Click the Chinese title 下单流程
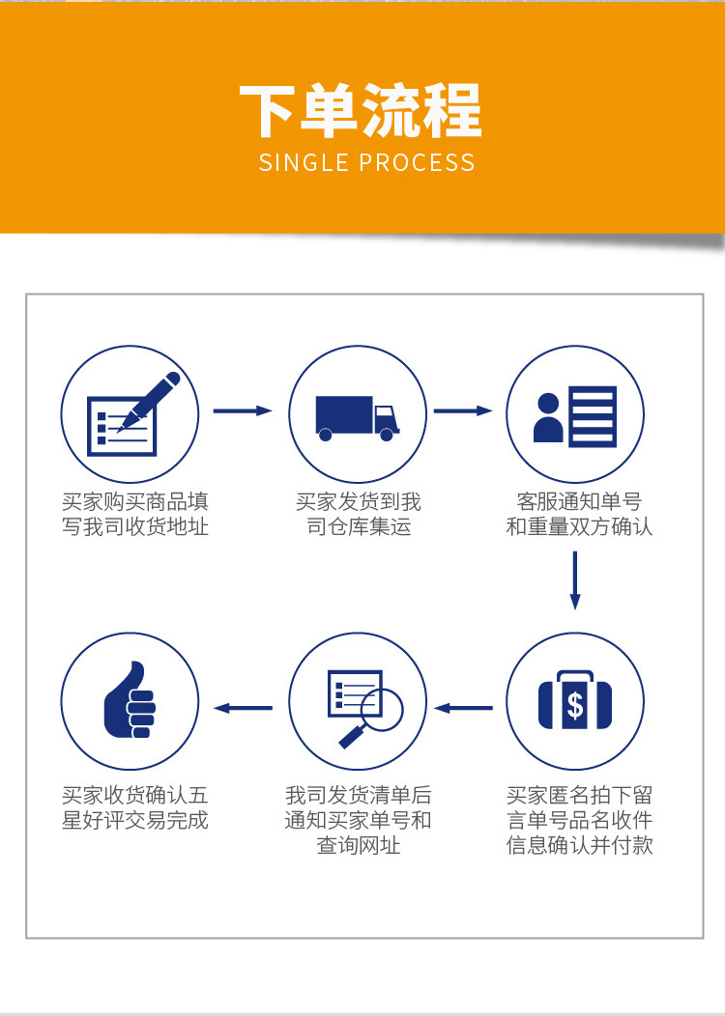(362, 111)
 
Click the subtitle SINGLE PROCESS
(367, 162)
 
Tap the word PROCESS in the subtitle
(417, 162)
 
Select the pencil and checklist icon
(133, 413)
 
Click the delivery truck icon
(358, 418)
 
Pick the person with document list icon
(575, 416)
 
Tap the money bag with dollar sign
(575, 703)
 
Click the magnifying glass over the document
(365, 708)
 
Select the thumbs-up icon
(130, 700)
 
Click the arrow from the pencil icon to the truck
(243, 410)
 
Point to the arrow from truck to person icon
(463, 410)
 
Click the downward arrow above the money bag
(574, 579)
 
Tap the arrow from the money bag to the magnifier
(463, 708)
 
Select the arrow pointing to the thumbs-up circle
(243, 708)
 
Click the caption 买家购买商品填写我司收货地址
(135, 514)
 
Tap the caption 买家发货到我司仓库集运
(359, 514)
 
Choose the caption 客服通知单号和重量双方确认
(579, 514)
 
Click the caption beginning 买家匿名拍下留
(579, 820)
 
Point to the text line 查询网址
(359, 846)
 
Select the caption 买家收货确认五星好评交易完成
(135, 808)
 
